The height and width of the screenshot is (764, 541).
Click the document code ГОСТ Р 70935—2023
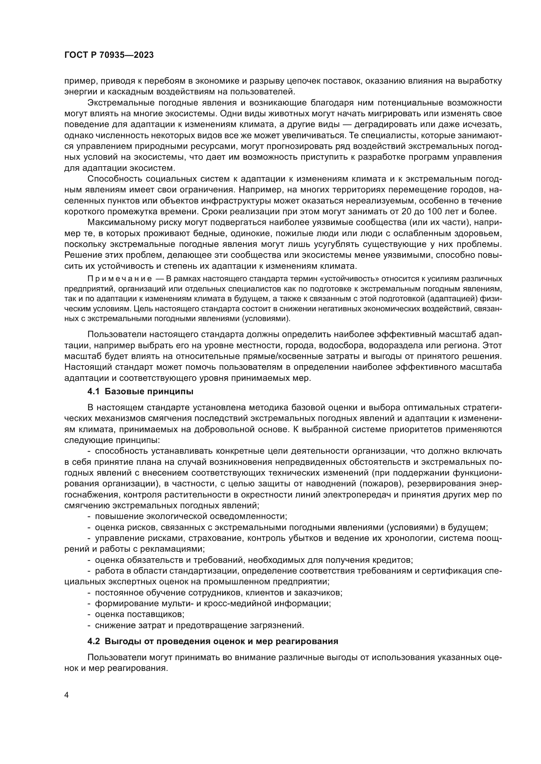109,55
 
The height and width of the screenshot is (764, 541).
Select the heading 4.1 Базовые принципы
140,391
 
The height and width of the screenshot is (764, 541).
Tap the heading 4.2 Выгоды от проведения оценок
213,641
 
